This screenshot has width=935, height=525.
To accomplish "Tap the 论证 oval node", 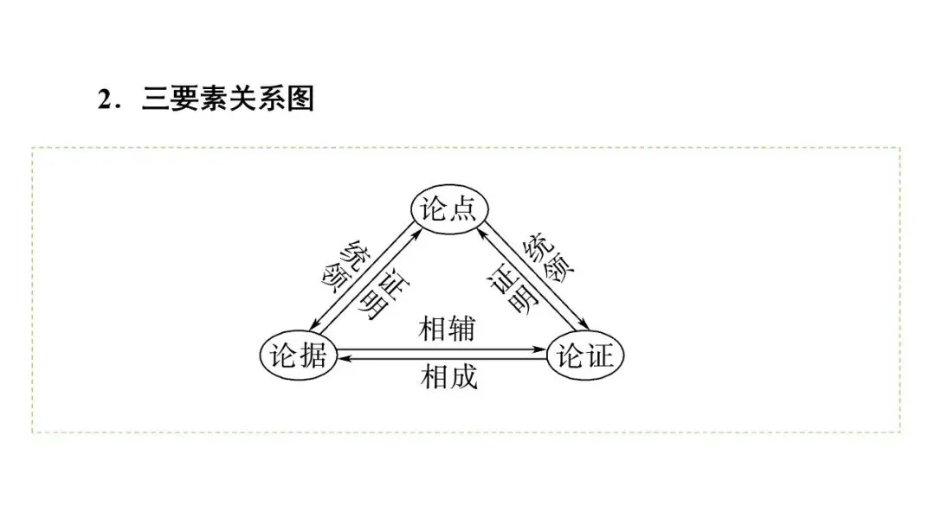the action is click(585, 355).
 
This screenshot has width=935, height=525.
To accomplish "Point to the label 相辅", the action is click(448, 329).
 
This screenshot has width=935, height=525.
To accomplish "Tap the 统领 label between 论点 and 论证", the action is click(548, 259).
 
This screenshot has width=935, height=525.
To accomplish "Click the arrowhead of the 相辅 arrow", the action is click(541, 350).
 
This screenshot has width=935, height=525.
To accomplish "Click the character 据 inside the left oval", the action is click(313, 355).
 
